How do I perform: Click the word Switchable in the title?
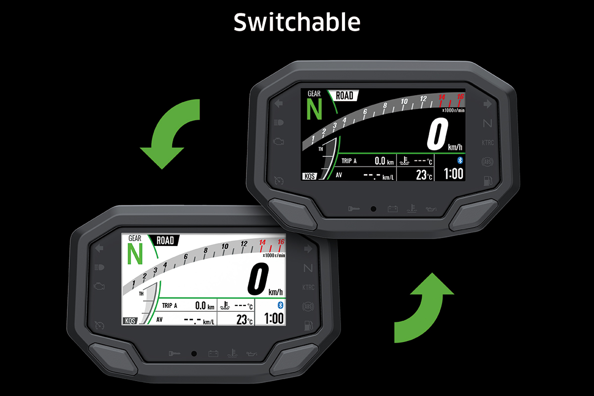tap(297, 22)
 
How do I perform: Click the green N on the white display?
tap(135, 254)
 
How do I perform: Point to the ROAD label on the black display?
tap(345, 96)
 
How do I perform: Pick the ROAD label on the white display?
tap(165, 241)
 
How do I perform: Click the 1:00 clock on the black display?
tap(453, 174)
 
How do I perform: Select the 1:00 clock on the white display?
tap(273, 318)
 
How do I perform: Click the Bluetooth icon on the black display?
tap(459, 160)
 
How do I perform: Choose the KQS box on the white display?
tap(130, 321)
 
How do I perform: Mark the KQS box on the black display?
tap(309, 176)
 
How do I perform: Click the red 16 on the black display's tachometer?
tap(460, 97)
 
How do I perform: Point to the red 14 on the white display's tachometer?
tap(262, 243)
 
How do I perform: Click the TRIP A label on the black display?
tap(349, 160)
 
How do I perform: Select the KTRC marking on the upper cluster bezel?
tap(488, 143)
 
